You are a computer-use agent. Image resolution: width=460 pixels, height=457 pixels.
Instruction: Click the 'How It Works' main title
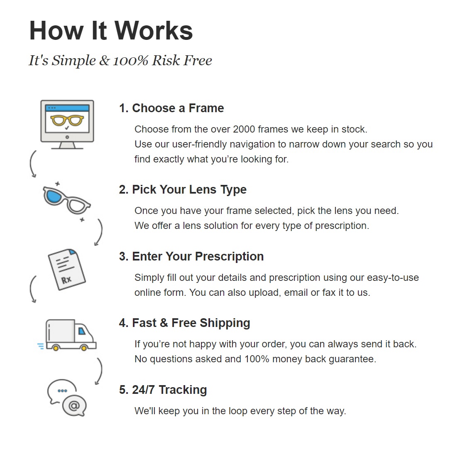(x=111, y=30)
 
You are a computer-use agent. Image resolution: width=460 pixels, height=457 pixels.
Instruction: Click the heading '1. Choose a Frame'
(x=171, y=108)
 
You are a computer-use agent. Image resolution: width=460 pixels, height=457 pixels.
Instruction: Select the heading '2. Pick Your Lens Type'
(x=183, y=189)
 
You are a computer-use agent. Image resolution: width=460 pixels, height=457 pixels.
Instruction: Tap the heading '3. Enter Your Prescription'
(x=191, y=256)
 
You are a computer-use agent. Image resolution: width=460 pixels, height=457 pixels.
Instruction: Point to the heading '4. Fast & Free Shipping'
(x=184, y=323)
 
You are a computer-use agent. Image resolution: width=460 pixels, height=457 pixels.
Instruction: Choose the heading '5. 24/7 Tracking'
(x=163, y=390)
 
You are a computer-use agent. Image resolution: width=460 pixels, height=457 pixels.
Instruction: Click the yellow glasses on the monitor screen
(x=67, y=120)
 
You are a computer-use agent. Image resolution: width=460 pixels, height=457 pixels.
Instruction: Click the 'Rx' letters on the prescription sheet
(x=66, y=280)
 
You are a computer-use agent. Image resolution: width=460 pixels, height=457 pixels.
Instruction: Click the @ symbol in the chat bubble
(x=74, y=405)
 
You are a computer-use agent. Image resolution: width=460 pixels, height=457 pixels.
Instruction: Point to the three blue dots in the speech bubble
(x=62, y=391)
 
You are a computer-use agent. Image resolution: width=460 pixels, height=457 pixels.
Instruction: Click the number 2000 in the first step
(x=244, y=129)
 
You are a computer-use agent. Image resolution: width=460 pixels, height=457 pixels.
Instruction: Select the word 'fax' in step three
(x=329, y=292)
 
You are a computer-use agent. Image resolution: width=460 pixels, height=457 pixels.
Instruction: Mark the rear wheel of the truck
(x=56, y=348)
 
